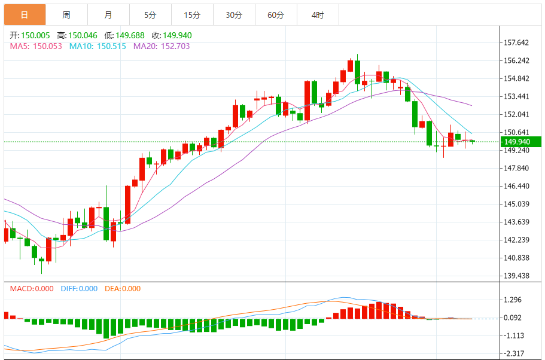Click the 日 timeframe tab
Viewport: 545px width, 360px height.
(24, 15)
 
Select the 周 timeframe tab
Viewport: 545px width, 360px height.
(66, 15)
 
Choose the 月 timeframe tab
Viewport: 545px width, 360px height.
(108, 15)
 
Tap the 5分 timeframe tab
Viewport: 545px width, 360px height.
(150, 15)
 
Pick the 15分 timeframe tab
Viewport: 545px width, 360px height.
(191, 15)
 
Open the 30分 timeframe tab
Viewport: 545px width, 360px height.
(234, 15)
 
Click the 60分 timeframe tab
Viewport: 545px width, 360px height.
(276, 15)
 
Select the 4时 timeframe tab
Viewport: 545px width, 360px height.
(318, 15)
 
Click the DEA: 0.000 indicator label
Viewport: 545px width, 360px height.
(123, 289)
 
